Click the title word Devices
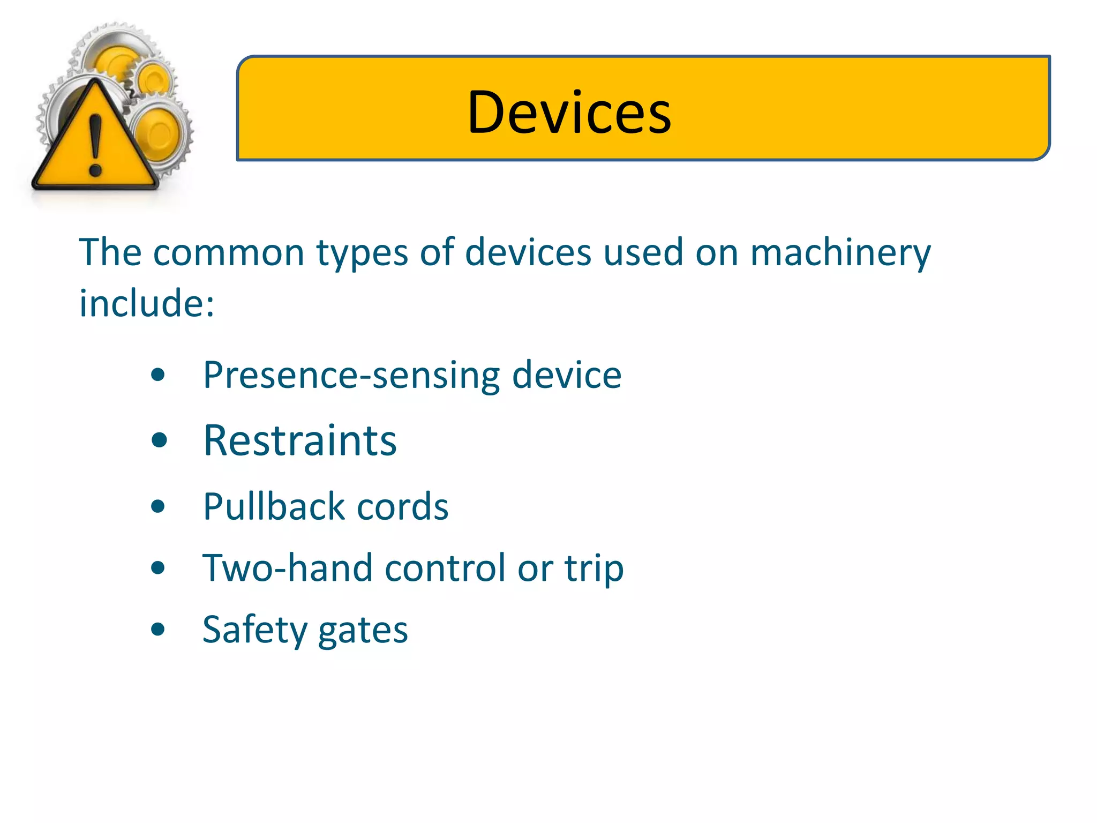569,113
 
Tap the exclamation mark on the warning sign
95,145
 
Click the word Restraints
300,440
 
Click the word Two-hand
287,568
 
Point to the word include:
146,303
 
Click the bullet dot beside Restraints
159,441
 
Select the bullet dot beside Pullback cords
158,506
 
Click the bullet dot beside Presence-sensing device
158,375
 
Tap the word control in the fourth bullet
445,568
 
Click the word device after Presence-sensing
567,375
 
